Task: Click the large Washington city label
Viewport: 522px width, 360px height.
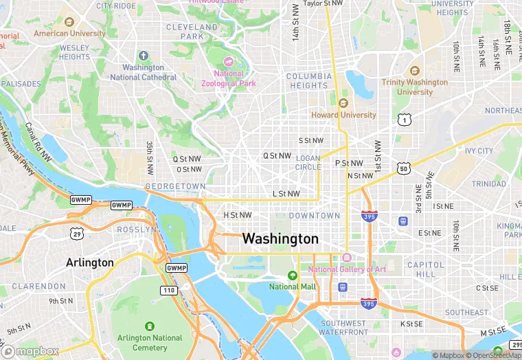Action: point(280,239)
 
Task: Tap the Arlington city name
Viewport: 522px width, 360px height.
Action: point(89,262)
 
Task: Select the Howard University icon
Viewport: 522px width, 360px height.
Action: point(343,103)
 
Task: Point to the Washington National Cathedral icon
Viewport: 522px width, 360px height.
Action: point(144,56)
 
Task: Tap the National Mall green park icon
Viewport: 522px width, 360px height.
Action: point(293,275)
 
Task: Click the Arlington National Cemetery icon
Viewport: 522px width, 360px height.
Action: point(149,326)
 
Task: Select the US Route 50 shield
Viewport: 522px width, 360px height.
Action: point(404,168)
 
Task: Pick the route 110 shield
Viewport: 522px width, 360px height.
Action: point(169,291)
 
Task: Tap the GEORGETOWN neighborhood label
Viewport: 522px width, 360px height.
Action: point(175,186)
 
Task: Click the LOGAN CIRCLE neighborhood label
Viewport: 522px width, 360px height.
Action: point(308,162)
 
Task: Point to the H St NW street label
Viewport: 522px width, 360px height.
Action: point(238,215)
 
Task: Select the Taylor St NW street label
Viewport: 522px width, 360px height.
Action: point(323,3)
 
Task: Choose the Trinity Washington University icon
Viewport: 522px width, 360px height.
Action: point(414,71)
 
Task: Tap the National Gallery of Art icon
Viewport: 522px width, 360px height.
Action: point(347,258)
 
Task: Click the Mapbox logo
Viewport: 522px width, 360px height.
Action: point(30,351)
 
